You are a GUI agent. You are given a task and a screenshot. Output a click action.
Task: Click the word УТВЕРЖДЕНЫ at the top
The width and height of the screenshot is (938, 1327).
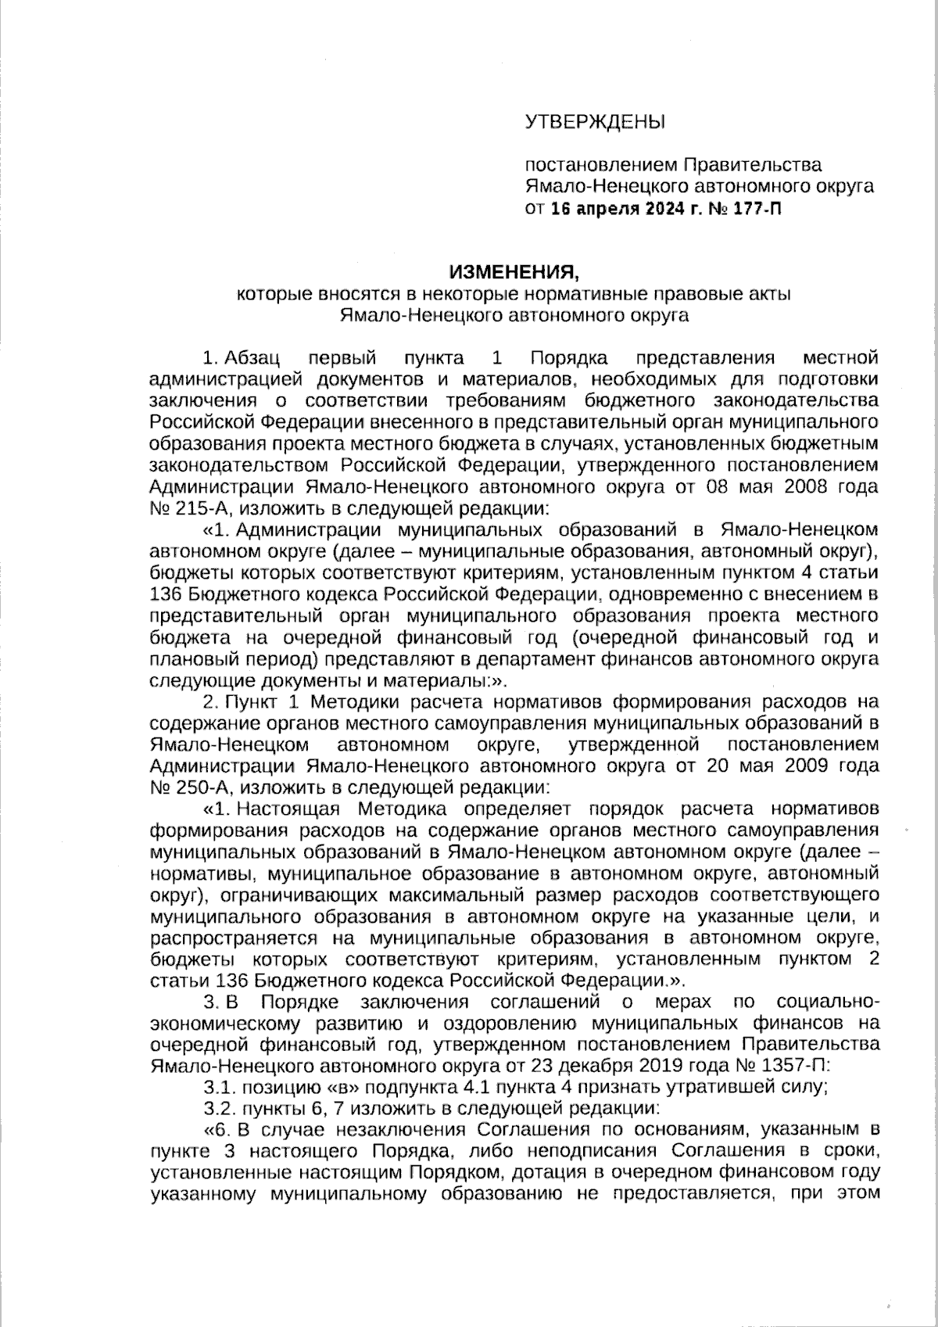pos(593,121)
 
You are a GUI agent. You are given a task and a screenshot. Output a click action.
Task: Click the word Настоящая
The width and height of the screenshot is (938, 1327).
pos(287,806)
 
